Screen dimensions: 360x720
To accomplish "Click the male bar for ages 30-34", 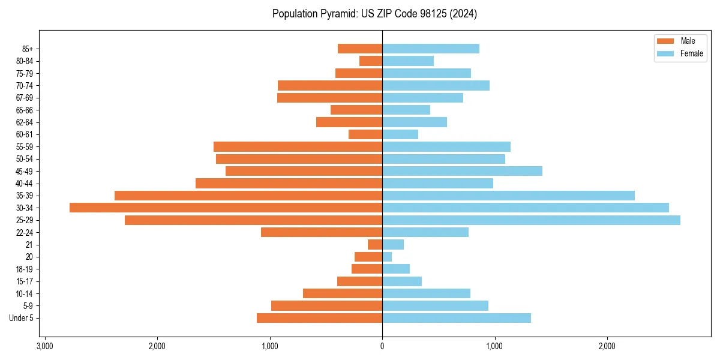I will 226,208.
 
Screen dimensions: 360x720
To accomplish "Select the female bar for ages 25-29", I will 531,220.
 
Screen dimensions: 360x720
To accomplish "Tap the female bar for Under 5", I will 457,318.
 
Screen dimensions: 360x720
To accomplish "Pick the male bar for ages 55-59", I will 298,146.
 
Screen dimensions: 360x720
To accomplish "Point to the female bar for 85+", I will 431,49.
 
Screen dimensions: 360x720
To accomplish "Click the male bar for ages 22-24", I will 322,232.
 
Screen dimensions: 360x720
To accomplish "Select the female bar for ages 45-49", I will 462,171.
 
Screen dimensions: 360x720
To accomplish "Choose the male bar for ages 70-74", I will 330,85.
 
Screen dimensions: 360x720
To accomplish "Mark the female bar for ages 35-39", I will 508,196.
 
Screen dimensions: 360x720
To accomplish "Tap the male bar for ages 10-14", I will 343,293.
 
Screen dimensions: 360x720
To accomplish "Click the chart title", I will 374,14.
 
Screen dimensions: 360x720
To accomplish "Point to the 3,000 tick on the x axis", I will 44,346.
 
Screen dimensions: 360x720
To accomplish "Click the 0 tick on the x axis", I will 382,346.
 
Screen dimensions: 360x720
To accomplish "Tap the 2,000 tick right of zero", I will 607,346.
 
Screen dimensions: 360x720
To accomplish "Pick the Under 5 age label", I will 22,318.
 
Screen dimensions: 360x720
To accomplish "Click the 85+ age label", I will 27,49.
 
